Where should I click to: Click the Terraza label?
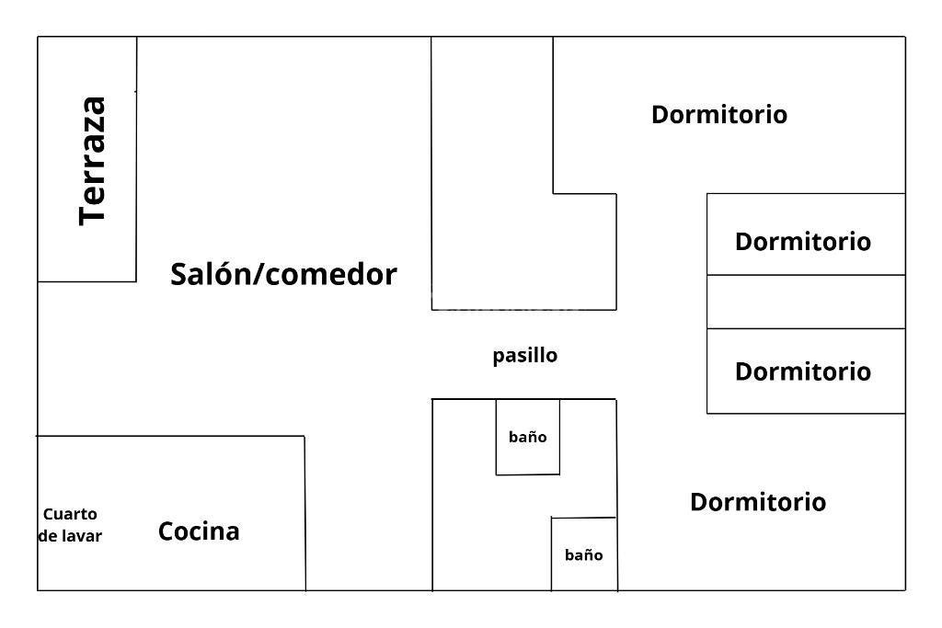coord(93,160)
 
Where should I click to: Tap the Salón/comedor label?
coord(283,274)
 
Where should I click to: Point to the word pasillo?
coord(524,355)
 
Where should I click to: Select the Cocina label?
coord(199,531)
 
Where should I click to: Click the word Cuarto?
coord(70,514)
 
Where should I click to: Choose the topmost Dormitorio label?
coord(718,115)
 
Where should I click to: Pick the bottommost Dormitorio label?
coord(757,502)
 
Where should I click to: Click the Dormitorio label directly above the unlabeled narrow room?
coord(802,242)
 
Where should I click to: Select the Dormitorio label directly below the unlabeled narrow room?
coord(802,371)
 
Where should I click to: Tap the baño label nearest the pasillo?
coord(527,437)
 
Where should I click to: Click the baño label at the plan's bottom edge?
coord(583,554)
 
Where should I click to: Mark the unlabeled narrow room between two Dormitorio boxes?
coord(805,302)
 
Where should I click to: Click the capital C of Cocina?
coord(167,531)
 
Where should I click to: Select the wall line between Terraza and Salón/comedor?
coord(136,184)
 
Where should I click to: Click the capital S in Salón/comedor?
coord(179,274)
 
